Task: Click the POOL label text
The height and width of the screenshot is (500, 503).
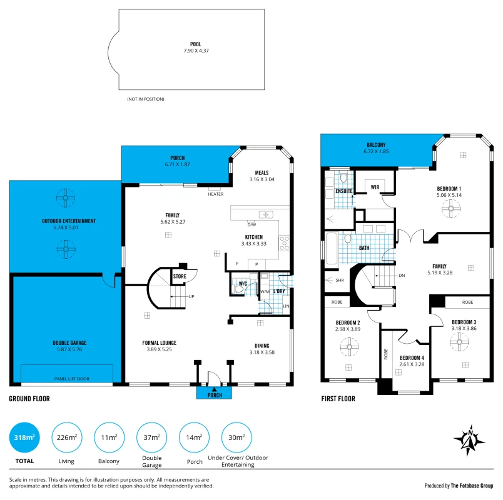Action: click(x=196, y=44)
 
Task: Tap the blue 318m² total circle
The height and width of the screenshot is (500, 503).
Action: click(x=24, y=438)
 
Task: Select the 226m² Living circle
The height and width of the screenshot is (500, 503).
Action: click(x=67, y=438)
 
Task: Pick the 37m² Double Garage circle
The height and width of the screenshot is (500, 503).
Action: click(x=152, y=438)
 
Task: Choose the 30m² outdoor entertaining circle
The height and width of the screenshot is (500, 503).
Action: click(x=236, y=438)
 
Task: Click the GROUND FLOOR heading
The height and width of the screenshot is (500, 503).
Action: click(x=29, y=398)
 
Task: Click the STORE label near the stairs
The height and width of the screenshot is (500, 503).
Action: click(x=180, y=276)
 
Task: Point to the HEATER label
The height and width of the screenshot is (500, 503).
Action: click(x=216, y=194)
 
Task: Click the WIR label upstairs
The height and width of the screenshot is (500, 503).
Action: click(x=375, y=187)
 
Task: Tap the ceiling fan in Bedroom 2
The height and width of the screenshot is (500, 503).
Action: click(x=348, y=346)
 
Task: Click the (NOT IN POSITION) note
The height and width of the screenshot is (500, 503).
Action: click(x=146, y=99)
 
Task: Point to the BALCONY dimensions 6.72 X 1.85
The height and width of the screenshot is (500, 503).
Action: click(x=376, y=152)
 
